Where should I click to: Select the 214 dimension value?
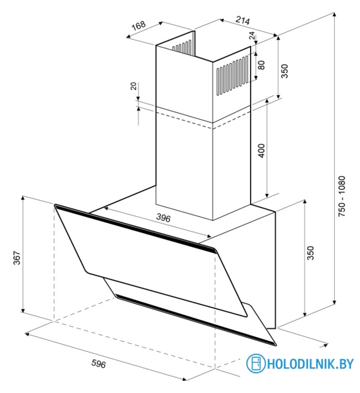(x=243, y=21)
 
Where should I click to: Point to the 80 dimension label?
(x=261, y=64)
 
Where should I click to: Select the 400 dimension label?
(x=261, y=150)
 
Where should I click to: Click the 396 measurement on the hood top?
(x=163, y=218)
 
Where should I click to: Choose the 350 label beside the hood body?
(x=310, y=254)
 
